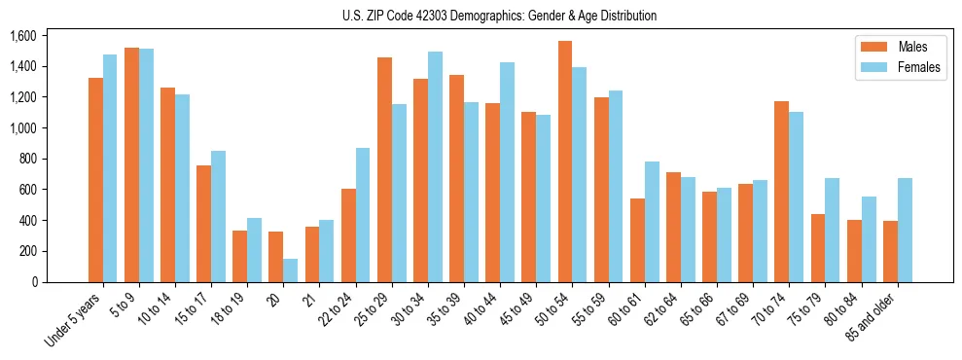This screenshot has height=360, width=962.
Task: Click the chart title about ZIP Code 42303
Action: click(499, 16)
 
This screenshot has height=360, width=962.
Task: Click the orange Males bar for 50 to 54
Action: click(565, 162)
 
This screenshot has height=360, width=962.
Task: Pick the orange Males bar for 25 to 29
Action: click(384, 169)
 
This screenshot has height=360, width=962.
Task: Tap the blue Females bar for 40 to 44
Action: click(507, 172)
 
